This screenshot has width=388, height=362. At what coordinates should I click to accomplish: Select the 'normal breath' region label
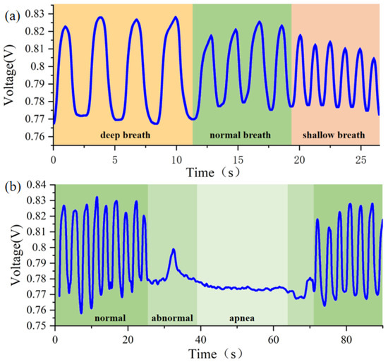[242, 133]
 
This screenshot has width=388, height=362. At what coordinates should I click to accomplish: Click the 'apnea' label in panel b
[242, 318]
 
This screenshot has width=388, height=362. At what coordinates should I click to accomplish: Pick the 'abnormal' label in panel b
[171, 318]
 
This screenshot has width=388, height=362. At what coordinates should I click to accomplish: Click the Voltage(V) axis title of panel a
[11, 74]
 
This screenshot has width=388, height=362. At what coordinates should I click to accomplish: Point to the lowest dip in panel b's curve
[81, 312]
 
